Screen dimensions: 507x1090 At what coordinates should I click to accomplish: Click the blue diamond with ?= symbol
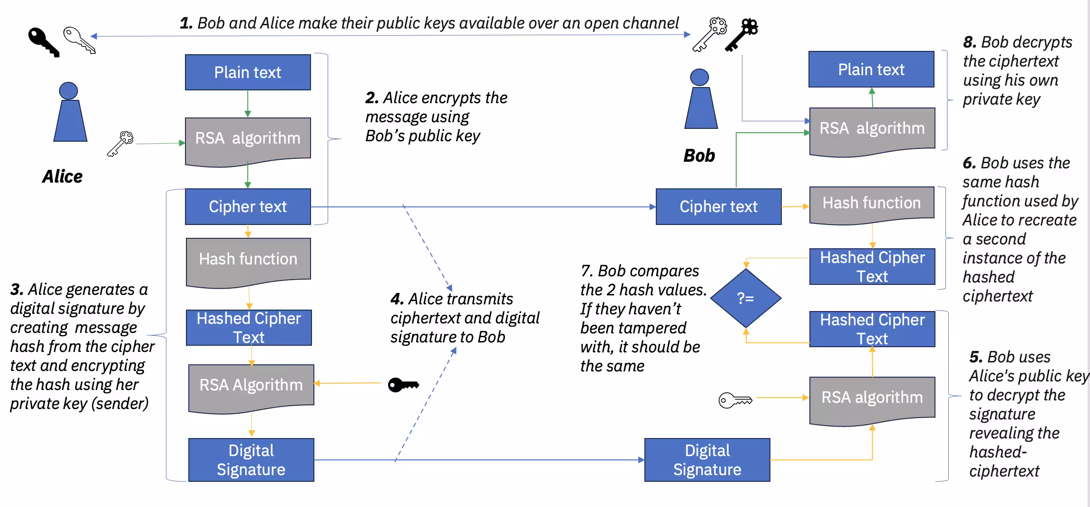click(x=745, y=298)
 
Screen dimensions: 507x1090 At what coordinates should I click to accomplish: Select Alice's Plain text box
click(x=248, y=72)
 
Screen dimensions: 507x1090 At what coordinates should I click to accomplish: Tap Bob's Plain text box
click(x=871, y=69)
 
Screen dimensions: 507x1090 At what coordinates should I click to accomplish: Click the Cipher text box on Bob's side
click(x=718, y=206)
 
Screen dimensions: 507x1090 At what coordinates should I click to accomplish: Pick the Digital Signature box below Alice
click(x=251, y=459)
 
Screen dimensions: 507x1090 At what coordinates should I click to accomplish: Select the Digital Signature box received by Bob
click(x=707, y=459)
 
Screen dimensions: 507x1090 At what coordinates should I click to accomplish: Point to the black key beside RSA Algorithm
click(x=403, y=384)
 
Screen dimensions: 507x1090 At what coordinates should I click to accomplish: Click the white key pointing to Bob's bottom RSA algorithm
click(x=735, y=400)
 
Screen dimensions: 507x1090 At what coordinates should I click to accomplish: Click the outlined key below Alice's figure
click(x=120, y=143)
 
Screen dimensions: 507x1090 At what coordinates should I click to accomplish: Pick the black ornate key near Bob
click(x=742, y=34)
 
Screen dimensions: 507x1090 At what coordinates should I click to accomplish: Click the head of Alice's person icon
click(x=68, y=91)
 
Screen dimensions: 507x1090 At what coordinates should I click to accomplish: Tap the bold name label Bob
click(x=699, y=156)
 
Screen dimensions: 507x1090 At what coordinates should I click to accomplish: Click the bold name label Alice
click(x=62, y=176)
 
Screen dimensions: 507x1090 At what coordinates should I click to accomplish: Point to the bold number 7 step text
click(x=586, y=271)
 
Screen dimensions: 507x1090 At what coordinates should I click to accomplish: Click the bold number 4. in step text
click(x=397, y=299)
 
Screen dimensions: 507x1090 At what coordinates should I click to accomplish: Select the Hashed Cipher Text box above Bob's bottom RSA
click(x=872, y=329)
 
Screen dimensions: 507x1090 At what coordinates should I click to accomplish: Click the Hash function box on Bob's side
click(x=871, y=204)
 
